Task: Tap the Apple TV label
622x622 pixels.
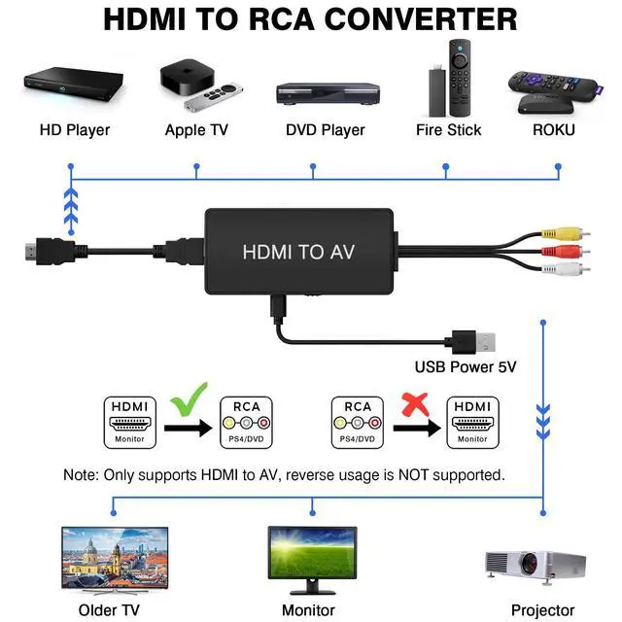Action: point(196,129)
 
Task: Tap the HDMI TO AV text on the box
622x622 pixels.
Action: point(298,252)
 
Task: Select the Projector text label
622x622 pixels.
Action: point(542,609)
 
